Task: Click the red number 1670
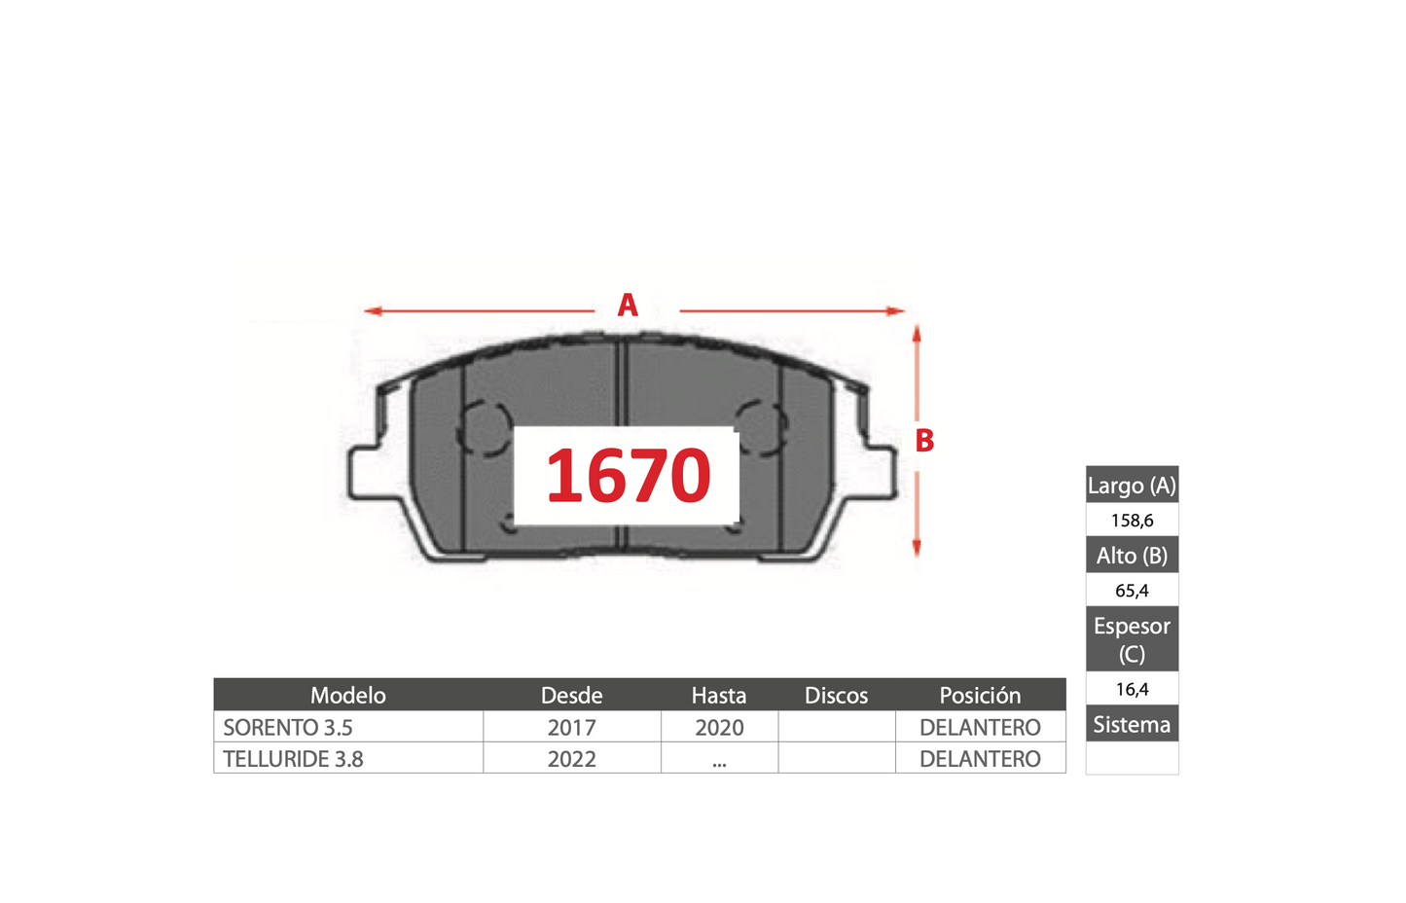point(629,475)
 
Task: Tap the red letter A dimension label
point(628,305)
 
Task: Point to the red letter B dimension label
point(924,441)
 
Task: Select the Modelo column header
point(347,696)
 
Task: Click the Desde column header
point(572,696)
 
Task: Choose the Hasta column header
point(719,696)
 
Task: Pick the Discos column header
point(836,696)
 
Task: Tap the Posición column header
point(980,696)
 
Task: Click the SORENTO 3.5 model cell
point(288,727)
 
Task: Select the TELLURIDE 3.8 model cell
point(293,759)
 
